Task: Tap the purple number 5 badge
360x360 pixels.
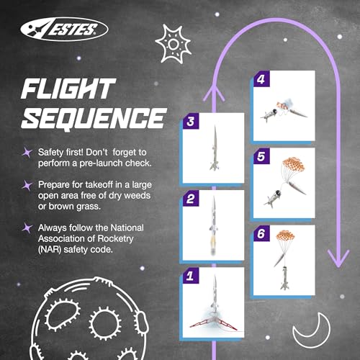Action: click(x=261, y=156)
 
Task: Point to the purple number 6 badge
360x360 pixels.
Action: click(x=261, y=233)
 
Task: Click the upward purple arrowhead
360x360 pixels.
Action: click(x=213, y=91)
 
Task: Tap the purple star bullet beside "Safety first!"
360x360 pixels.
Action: click(x=28, y=152)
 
